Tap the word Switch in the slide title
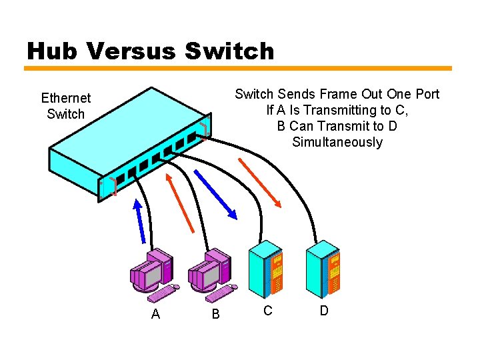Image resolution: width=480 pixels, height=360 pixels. click(x=229, y=51)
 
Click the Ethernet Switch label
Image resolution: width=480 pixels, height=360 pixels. click(x=66, y=106)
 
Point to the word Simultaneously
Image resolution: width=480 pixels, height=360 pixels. click(x=337, y=142)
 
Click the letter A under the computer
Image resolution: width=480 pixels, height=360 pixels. click(x=155, y=314)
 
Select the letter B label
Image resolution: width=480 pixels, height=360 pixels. click(x=215, y=314)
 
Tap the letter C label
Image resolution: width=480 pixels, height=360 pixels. click(x=267, y=311)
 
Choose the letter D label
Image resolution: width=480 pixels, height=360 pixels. click(x=324, y=311)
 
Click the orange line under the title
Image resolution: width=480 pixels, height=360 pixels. click(x=238, y=68)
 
